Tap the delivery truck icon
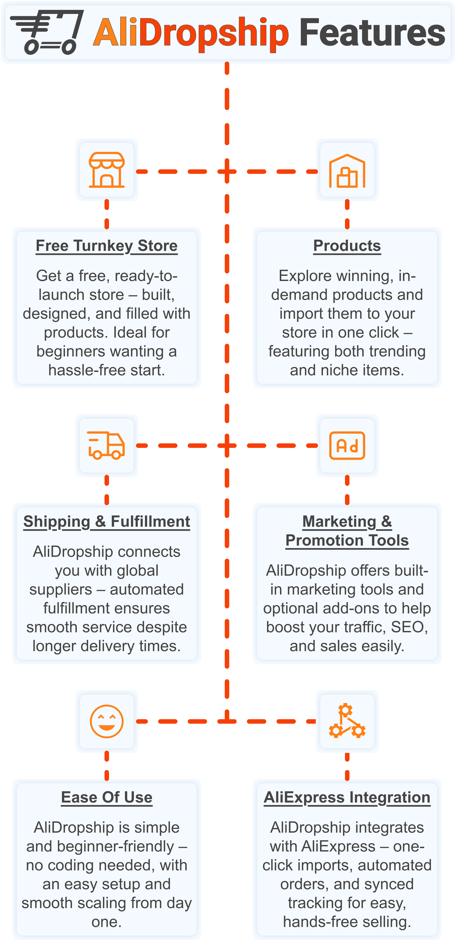click(x=107, y=445)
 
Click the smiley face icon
click(x=107, y=721)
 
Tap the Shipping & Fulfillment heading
click(x=107, y=522)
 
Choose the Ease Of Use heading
click(x=107, y=797)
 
